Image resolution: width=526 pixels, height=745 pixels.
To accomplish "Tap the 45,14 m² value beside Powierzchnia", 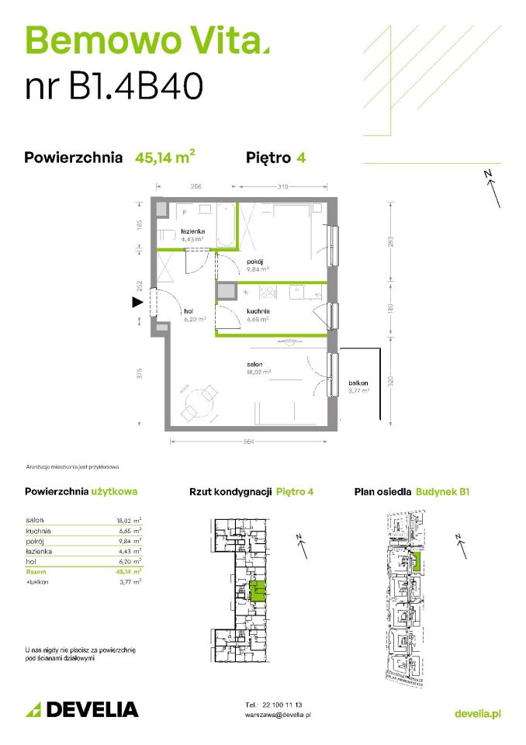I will (164, 158).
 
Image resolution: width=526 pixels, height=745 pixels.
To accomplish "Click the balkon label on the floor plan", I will (358, 383).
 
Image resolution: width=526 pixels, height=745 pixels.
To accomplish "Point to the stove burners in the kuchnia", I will (265, 293).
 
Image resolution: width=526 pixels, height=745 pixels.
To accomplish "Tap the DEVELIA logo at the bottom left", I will (82, 709).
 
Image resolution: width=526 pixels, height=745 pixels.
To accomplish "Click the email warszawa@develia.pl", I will (277, 714).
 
